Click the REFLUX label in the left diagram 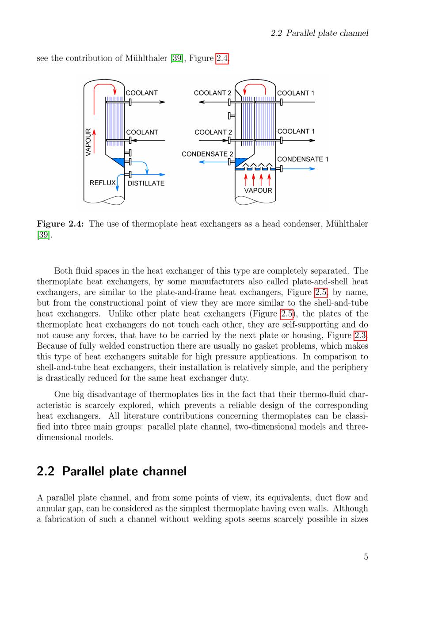tap(102, 183)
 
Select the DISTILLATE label tap(146, 183)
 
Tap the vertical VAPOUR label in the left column tap(88, 142)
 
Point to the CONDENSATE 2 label tap(207, 154)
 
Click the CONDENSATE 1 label tap(302, 159)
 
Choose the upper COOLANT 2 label tap(213, 93)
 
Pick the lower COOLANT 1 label tap(296, 131)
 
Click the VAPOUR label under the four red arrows tap(258, 191)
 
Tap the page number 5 tap(366, 557)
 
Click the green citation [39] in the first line tap(177, 58)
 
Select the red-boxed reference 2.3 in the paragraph tap(361, 335)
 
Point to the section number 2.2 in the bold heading tap(46, 471)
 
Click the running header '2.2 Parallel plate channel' tap(319, 33)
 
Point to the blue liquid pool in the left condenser tap(118, 160)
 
